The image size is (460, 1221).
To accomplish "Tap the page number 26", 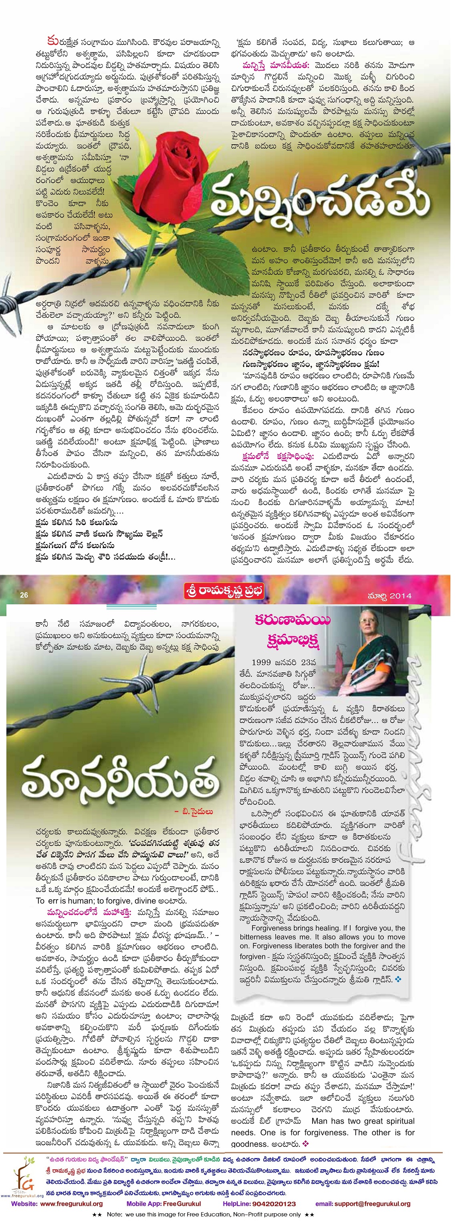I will tap(24, 595).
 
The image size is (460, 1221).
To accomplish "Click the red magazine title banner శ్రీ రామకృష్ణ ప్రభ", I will tap(224, 591).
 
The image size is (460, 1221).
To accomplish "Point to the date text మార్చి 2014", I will tap(389, 596).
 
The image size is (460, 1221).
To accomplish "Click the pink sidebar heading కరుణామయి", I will tap(292, 620).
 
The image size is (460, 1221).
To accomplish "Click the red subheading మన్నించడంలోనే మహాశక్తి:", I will tap(91, 912).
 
